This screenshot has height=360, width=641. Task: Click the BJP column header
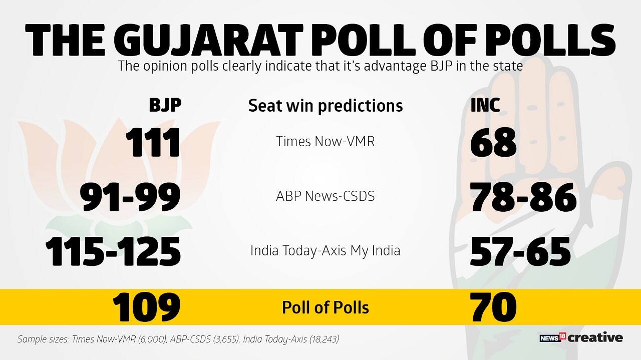tap(165, 105)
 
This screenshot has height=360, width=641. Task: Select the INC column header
tap(485, 105)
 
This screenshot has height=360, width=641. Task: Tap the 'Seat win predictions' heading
tap(326, 106)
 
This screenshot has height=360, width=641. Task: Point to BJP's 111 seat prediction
tap(152, 143)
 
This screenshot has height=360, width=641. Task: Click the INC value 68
tap(493, 143)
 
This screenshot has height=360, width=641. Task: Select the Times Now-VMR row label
tap(326, 142)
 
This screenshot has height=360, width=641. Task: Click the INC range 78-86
tap(523, 197)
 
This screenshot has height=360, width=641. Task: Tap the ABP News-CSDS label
tap(326, 196)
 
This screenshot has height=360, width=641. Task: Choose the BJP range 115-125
tap(113, 251)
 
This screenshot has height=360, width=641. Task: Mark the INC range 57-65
tap(520, 251)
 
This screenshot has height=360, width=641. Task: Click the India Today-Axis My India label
tap(326, 250)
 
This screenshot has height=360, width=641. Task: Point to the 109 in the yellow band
tap(146, 307)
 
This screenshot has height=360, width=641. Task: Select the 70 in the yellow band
tap(493, 307)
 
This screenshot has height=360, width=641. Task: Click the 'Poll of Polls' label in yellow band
tap(326, 307)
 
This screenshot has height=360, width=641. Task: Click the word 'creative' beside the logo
tap(595, 338)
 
